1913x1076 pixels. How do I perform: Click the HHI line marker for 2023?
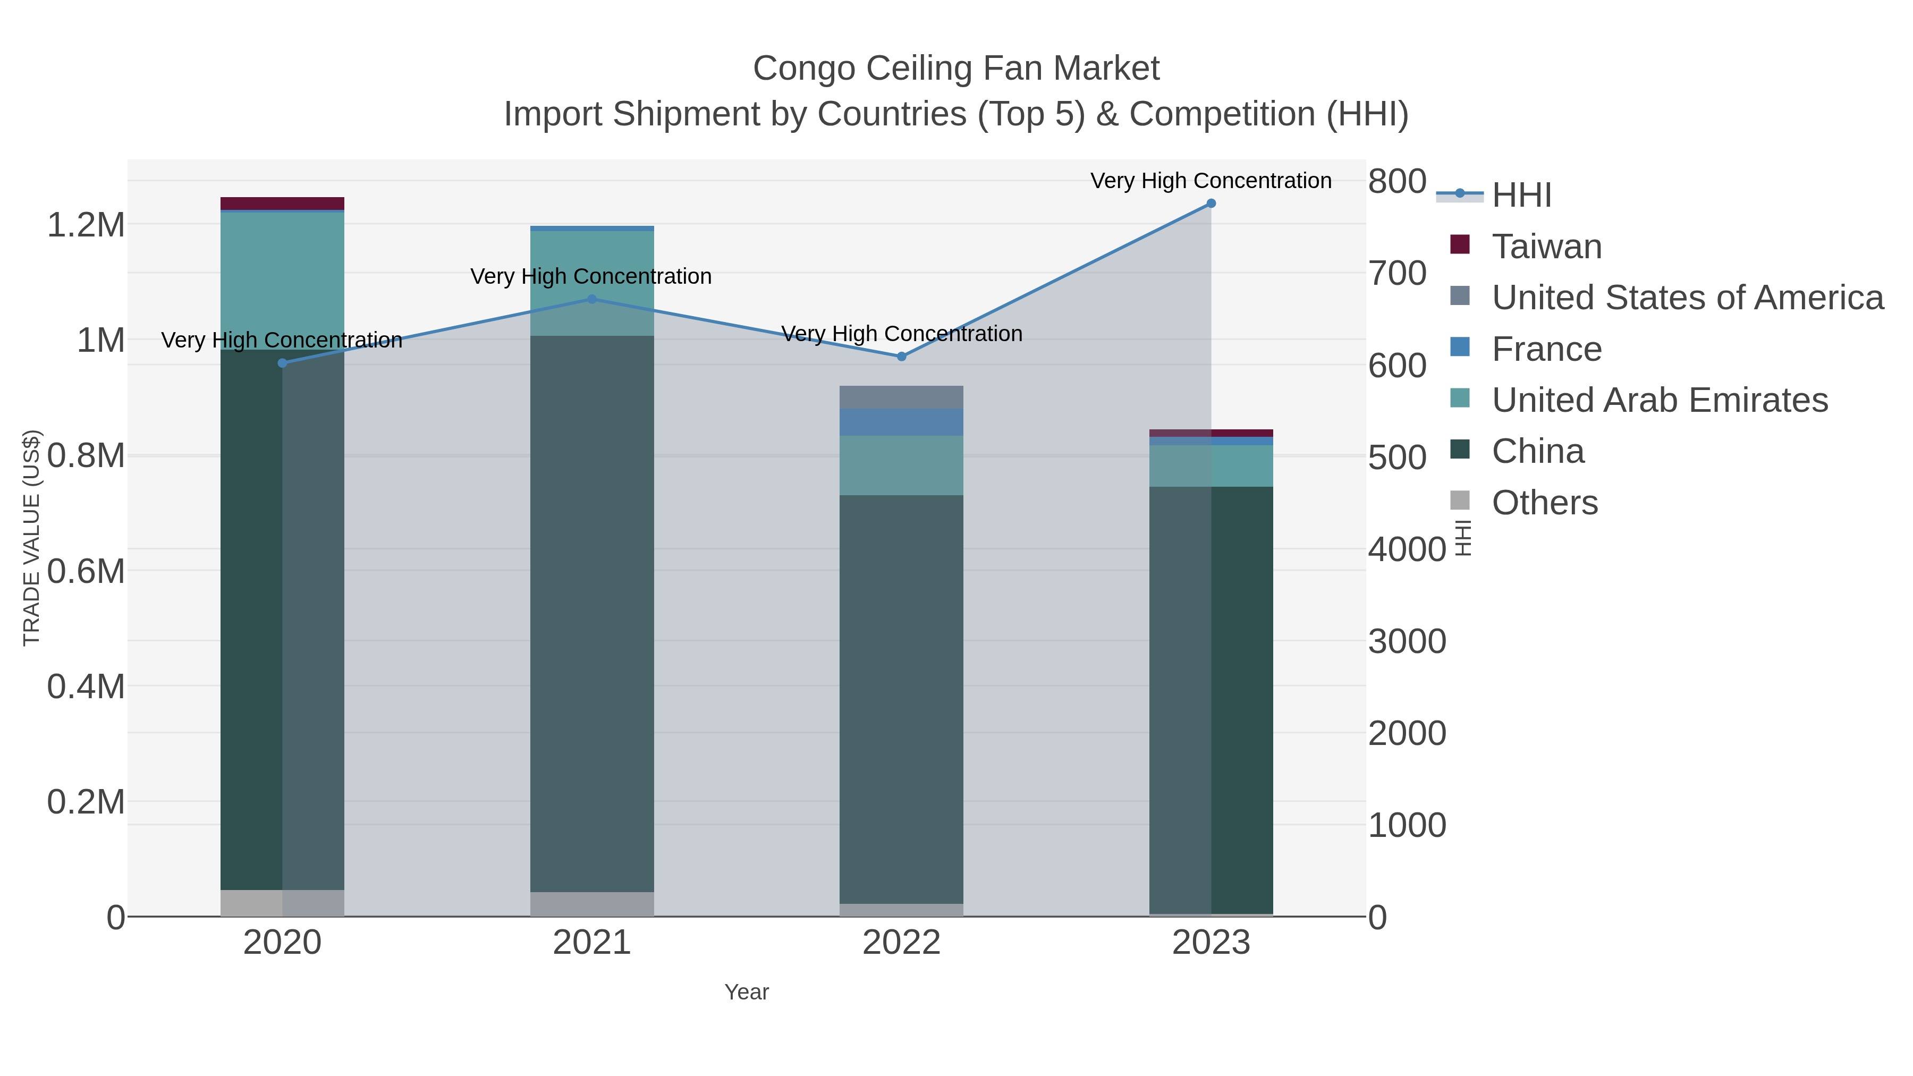(1211, 204)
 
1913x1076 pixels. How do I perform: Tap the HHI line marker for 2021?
(592, 299)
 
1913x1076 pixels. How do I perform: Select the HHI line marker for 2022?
(902, 357)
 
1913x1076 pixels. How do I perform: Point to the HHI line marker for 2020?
(282, 363)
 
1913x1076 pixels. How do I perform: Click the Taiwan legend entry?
(1546, 247)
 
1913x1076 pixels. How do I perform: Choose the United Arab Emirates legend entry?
(1659, 400)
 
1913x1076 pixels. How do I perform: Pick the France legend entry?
(1546, 349)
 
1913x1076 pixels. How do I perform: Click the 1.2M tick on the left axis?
(86, 224)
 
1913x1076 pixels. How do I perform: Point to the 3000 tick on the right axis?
(1407, 641)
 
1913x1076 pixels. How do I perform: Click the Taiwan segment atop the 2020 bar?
(282, 204)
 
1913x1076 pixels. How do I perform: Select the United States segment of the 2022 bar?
(902, 397)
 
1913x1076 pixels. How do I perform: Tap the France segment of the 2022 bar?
(902, 422)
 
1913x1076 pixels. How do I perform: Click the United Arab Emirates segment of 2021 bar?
(592, 283)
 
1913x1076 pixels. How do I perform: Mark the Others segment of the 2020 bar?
(282, 903)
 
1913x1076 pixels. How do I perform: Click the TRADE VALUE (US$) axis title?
(31, 538)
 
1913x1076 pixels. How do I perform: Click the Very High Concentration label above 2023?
(1211, 181)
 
